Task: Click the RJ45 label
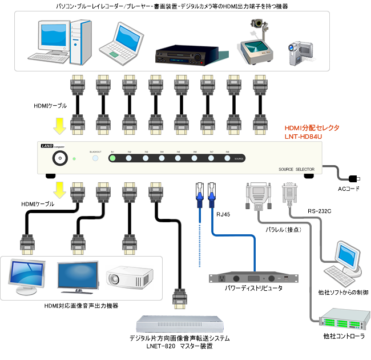pyautogui.click(x=223, y=214)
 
